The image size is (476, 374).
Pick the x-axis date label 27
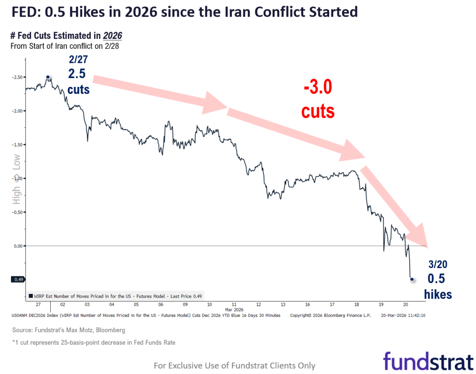click(x=37, y=305)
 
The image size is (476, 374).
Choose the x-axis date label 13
click(x=283, y=305)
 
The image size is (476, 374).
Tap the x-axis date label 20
click(x=405, y=305)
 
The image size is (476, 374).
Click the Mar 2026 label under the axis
click(x=235, y=309)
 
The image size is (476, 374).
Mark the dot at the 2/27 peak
click(x=48, y=77)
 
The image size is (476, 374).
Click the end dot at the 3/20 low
click(x=411, y=279)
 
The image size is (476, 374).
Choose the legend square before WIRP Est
click(x=31, y=295)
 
